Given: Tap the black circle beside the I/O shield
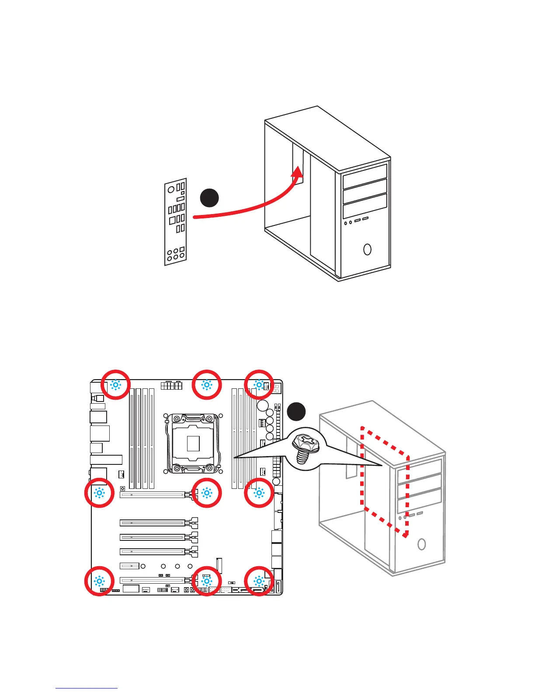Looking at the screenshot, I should tap(209, 197).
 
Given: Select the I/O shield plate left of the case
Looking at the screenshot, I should tap(176, 221).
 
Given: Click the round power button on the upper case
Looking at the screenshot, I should tap(367, 249).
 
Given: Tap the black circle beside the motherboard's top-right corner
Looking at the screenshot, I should tap(296, 412).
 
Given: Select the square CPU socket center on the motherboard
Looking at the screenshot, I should tap(193, 443).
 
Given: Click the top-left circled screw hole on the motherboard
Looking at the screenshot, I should tap(115, 385).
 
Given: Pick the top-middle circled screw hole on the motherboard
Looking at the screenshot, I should tap(207, 385).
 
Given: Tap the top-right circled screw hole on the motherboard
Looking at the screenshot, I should tap(259, 385).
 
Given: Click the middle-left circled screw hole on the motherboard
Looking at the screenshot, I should tap(99, 493).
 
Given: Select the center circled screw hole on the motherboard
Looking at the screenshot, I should tap(207, 493).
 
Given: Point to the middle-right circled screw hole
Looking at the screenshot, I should tap(259, 493).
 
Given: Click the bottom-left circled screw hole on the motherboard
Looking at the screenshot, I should tap(99, 581).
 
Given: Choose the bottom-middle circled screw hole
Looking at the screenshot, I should tap(207, 581).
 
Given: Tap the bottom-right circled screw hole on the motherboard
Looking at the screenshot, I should tap(259, 581).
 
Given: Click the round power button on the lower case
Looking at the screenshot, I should tap(421, 544).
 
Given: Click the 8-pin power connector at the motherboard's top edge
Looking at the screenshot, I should tap(171, 385).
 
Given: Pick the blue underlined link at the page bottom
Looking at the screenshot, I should tap(87, 688).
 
